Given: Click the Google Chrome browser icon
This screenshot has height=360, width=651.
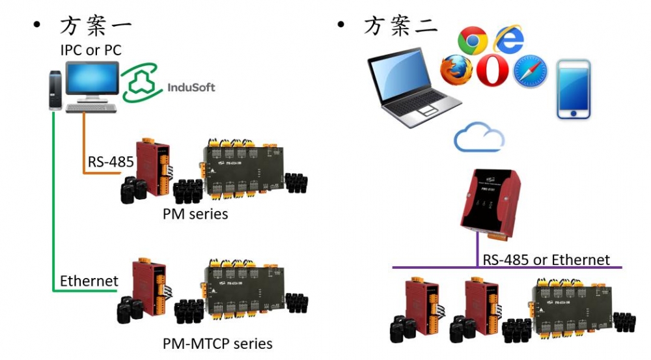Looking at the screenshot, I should click(473, 41).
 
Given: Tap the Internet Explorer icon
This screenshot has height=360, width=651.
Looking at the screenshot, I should click(509, 40).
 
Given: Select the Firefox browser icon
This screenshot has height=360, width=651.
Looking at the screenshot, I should click(455, 71).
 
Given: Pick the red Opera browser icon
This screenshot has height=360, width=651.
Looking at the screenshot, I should click(492, 71).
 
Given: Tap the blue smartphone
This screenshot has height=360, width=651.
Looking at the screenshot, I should click(573, 89).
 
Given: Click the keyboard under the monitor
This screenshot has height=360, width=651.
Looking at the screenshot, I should click(92, 107).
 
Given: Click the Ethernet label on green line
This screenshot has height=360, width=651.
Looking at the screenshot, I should click(89, 281).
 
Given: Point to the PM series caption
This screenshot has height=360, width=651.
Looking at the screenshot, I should click(195, 213).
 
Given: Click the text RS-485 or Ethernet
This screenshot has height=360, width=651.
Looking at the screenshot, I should click(546, 260).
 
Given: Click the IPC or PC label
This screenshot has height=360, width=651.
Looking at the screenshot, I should click(90, 49).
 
